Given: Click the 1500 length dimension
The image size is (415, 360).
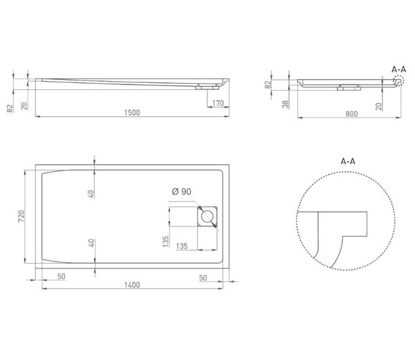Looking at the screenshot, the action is (132, 113).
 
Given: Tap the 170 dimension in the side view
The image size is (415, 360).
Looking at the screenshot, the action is (218, 103).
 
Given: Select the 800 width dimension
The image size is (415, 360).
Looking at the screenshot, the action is (351, 114).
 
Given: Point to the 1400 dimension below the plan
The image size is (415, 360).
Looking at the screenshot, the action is (132, 285).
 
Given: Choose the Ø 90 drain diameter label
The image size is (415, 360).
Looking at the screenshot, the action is (181, 192).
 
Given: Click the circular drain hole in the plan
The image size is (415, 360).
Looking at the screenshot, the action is (207, 217).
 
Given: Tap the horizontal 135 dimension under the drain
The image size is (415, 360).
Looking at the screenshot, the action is (182, 246).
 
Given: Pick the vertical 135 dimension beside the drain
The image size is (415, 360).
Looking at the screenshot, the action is (165, 242).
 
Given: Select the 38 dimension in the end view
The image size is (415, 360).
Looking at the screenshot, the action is (285, 104).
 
